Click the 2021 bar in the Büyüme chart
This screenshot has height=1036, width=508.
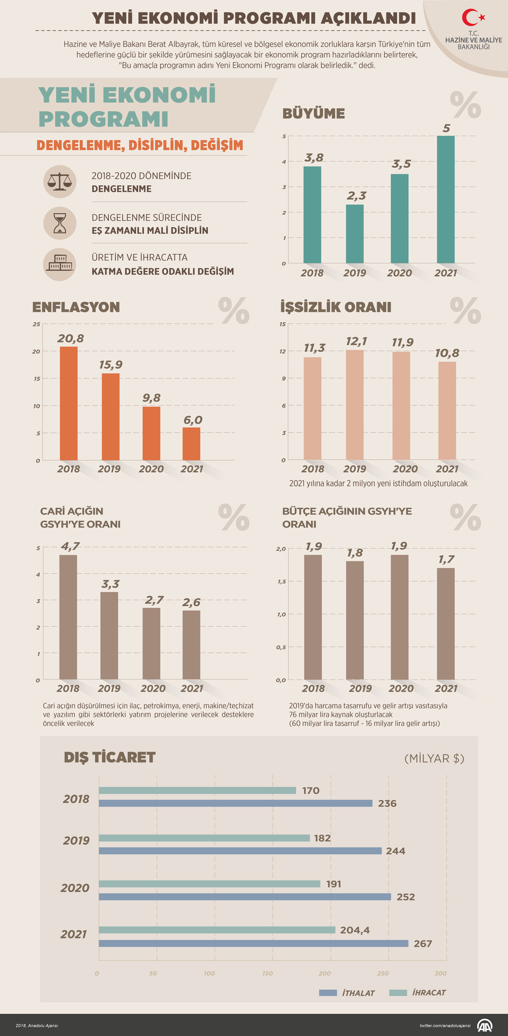click(445, 200)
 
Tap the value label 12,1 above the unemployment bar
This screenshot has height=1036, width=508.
click(356, 341)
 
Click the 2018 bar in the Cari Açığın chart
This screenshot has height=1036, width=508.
click(68, 617)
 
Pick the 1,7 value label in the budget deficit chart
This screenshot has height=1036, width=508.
click(446, 559)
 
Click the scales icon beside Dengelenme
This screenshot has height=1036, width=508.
click(59, 181)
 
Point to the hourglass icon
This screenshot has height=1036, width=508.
click(59, 223)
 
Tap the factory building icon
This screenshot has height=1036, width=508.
click(59, 264)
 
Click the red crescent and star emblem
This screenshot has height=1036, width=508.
click(473, 18)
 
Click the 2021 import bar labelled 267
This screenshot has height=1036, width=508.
click(254, 943)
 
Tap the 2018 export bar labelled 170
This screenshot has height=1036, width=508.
click(197, 790)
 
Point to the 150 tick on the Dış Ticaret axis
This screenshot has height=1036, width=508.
click(268, 973)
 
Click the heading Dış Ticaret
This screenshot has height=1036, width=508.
click(109, 757)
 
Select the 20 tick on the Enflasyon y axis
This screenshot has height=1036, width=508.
click(36, 352)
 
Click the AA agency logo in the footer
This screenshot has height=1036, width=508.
click(484, 1025)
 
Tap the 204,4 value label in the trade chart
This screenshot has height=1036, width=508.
click(355, 930)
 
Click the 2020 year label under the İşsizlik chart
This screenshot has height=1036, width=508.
click(405, 469)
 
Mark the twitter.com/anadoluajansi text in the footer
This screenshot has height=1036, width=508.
click(444, 1025)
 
